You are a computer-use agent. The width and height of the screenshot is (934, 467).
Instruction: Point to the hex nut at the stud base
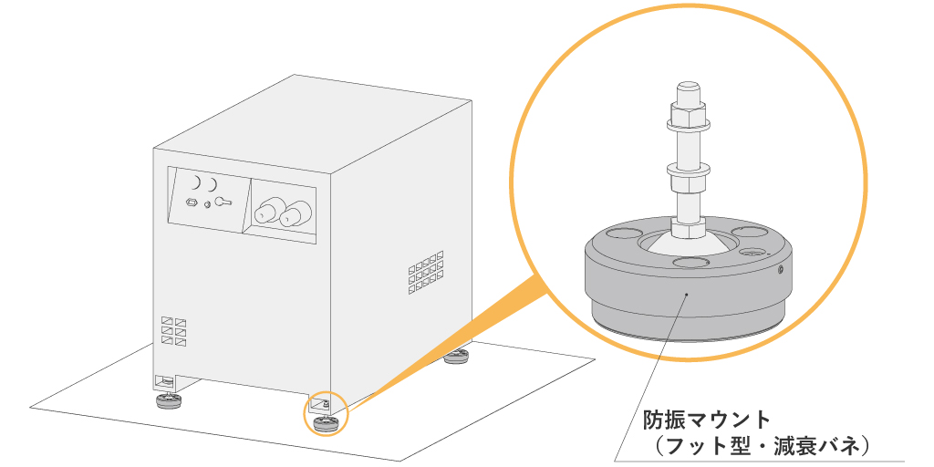[688, 223]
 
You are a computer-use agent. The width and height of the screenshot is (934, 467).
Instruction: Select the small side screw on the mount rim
[781, 269]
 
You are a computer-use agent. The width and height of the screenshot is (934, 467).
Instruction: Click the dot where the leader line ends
[686, 295]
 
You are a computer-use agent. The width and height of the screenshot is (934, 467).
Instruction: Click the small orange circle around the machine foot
[325, 414]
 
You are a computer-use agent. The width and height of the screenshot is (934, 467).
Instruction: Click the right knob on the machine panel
[293, 216]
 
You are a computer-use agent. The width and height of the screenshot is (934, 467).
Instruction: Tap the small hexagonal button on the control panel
[192, 202]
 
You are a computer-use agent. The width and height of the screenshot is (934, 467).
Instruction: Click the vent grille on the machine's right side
[426, 272]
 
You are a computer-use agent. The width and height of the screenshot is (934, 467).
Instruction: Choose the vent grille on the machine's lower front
[173, 329]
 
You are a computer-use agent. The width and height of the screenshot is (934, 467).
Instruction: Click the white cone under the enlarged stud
[689, 244]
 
